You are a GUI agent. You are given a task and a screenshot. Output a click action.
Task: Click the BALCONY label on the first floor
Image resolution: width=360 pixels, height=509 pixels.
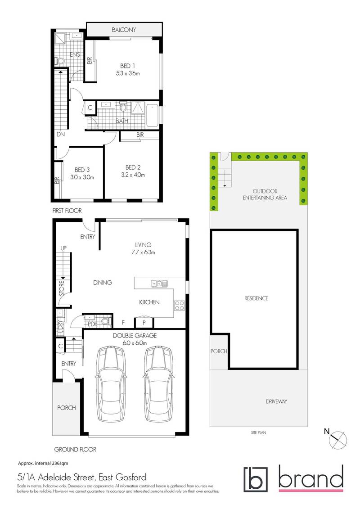tap(124, 30)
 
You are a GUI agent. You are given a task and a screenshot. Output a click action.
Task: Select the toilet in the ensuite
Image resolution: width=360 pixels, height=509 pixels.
tap(59, 61)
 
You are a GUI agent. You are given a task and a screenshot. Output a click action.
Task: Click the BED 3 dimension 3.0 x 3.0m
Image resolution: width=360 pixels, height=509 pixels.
tap(82, 177)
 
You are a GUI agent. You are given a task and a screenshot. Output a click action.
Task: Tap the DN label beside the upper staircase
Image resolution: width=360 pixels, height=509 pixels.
tap(60, 134)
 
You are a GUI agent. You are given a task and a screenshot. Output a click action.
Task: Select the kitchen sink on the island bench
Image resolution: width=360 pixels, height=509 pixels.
tap(159, 284)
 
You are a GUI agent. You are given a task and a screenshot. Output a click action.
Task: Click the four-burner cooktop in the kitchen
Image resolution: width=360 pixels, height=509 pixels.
tap(180, 306)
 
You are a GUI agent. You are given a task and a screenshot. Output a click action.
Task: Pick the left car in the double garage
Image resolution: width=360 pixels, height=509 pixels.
tap(110, 383)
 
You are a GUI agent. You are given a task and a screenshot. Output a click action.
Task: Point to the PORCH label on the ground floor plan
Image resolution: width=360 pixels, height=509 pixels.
tap(66, 408)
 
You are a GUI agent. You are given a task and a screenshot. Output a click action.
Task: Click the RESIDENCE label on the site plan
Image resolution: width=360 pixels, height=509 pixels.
tap(256, 298)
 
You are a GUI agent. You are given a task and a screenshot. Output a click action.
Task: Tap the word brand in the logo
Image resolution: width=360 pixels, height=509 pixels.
tap(310, 480)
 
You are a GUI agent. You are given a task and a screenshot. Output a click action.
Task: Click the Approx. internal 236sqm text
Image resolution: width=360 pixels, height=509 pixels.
tap(43, 463)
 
